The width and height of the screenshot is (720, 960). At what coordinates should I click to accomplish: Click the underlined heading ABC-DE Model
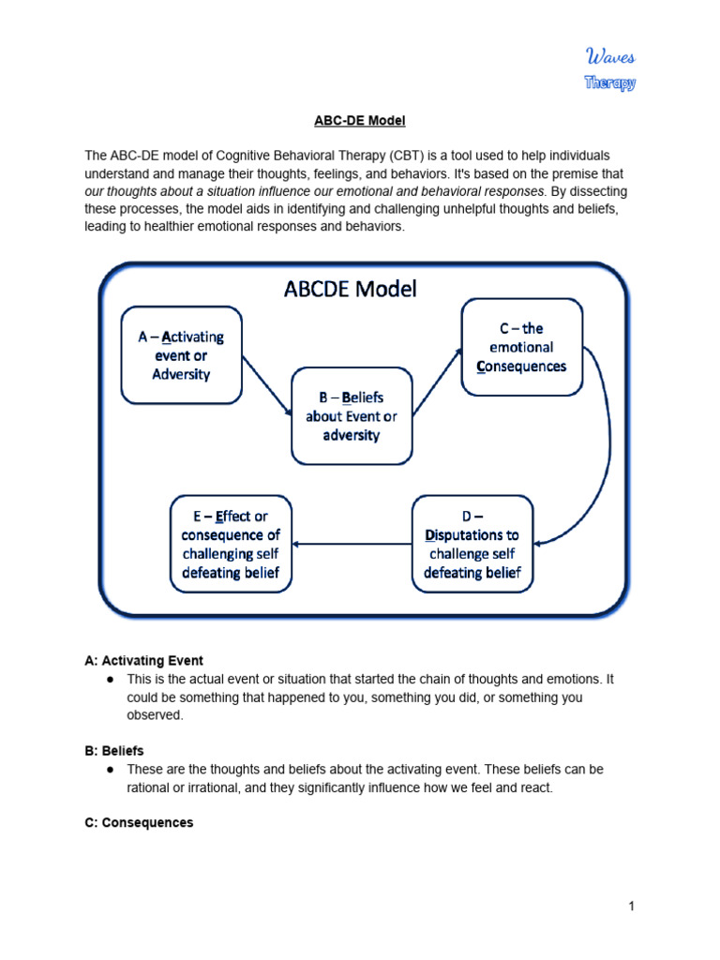click(360, 121)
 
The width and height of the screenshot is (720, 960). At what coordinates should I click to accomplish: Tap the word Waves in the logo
click(609, 58)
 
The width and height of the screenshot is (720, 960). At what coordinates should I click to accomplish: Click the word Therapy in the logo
click(609, 82)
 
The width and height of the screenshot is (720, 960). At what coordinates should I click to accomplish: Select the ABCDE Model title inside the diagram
click(351, 289)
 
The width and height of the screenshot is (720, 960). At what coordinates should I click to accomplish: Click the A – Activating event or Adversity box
click(182, 355)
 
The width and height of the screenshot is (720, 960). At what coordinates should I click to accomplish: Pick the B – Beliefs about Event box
click(352, 416)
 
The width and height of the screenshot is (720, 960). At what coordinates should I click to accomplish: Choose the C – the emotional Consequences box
click(521, 347)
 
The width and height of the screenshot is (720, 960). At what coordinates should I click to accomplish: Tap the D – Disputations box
click(472, 545)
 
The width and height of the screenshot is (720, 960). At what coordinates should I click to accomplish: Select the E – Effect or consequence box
click(231, 545)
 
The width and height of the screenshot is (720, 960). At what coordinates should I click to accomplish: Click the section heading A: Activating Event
click(143, 661)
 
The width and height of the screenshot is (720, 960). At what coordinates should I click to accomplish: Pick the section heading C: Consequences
click(139, 822)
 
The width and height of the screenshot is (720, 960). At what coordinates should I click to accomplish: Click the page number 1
click(633, 906)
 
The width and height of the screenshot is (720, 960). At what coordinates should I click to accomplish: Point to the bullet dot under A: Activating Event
click(110, 679)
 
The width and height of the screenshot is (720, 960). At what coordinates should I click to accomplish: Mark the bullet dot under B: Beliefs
click(110, 769)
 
